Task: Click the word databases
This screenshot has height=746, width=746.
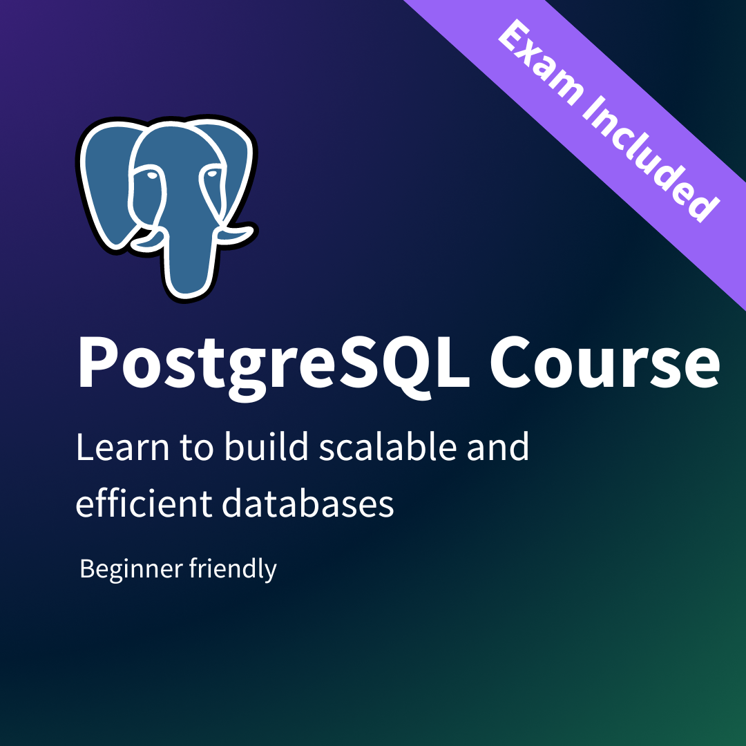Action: click(x=308, y=504)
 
